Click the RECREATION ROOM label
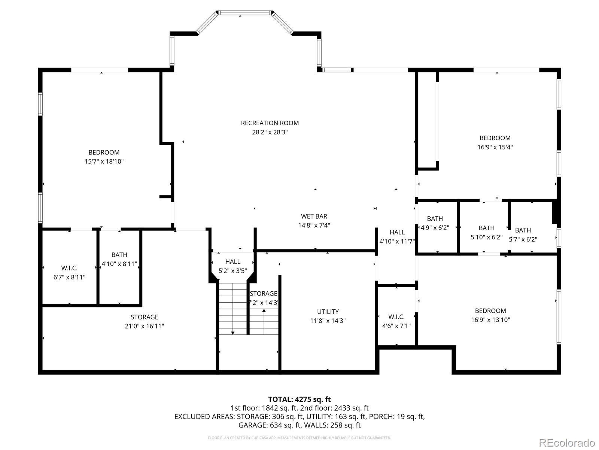click(270, 123)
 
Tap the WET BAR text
click(314, 216)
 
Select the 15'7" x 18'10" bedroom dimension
click(104, 162)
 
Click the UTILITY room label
click(328, 312)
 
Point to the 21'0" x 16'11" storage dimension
click(145, 326)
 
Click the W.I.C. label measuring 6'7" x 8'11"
click(69, 268)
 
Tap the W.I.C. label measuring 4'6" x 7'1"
click(396, 317)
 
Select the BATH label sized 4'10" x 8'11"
click(119, 255)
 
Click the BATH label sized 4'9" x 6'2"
click(435, 219)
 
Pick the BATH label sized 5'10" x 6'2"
click(486, 228)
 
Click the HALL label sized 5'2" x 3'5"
click(232, 262)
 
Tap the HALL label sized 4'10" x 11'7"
click(397, 232)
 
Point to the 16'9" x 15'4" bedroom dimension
click(495, 147)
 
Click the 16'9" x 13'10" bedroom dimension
click(490, 320)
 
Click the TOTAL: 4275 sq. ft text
click(299, 399)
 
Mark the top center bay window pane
click(244, 13)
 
